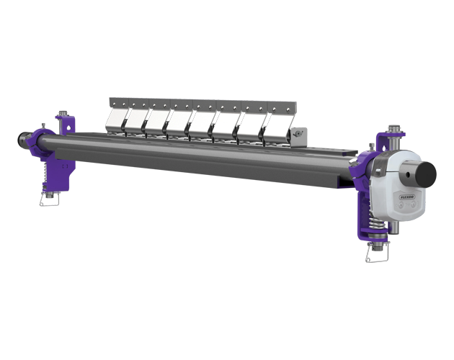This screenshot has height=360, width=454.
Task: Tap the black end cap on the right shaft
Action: click(426, 174)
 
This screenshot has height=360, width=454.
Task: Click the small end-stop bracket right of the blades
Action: click(298, 135)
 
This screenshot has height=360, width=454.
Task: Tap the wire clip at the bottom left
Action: click(50, 199)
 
